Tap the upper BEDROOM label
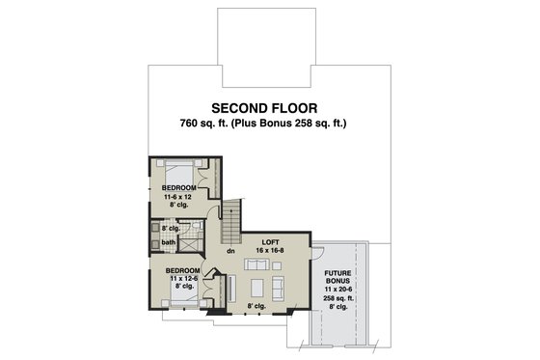tap(179, 187)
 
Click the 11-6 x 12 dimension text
tap(179, 196)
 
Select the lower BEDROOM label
tap(182, 271)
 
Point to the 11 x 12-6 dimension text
tap(182, 280)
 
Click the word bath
tap(169, 242)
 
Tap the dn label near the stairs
tap(231, 251)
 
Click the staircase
tap(231, 224)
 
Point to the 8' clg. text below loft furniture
tap(256, 306)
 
